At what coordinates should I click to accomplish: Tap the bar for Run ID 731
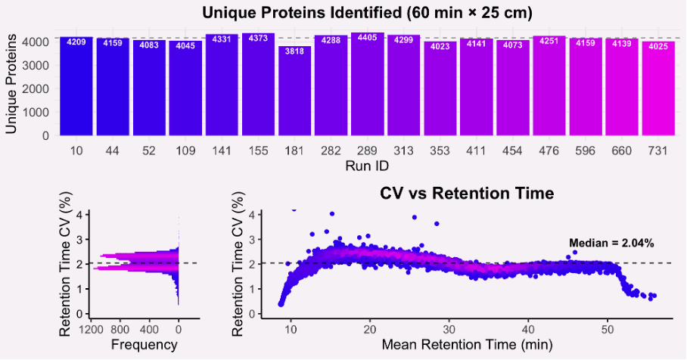pos(657,89)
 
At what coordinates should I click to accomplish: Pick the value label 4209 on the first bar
pos(76,42)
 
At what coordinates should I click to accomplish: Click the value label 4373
pos(258,39)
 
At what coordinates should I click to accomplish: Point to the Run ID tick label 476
pos(549,151)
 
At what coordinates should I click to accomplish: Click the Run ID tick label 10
pos(76,151)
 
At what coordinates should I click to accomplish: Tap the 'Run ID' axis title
pos(367,165)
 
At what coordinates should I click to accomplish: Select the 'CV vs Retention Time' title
pos(467,194)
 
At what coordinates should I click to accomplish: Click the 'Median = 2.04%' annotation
pos(611,243)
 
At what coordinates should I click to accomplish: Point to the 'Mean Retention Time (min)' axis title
pos(466,345)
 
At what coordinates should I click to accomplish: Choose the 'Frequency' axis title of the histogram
pos(144,345)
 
